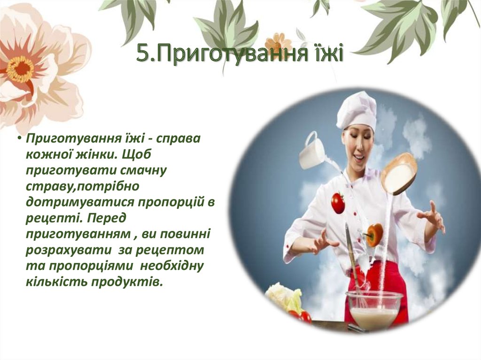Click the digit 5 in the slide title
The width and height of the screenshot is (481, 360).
(x=143, y=54)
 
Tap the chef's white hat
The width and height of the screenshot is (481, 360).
(x=357, y=110)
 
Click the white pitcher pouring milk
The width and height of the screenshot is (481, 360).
(x=312, y=151)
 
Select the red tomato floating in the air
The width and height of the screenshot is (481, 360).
(x=338, y=203)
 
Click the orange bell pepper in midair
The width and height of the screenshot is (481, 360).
(x=374, y=234)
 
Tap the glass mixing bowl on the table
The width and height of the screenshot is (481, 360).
(x=374, y=309)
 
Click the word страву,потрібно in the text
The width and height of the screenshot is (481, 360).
(x=83, y=186)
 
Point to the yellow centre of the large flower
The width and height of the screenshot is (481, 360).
(x=20, y=69)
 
